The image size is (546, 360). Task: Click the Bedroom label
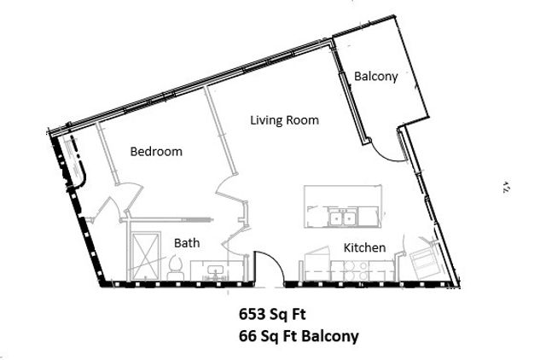156,152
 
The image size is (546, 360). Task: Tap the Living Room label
284,120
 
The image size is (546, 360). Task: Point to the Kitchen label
364,247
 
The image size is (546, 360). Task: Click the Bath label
187,243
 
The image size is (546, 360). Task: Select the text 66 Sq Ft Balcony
298,336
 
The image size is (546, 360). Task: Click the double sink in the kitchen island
343,220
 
